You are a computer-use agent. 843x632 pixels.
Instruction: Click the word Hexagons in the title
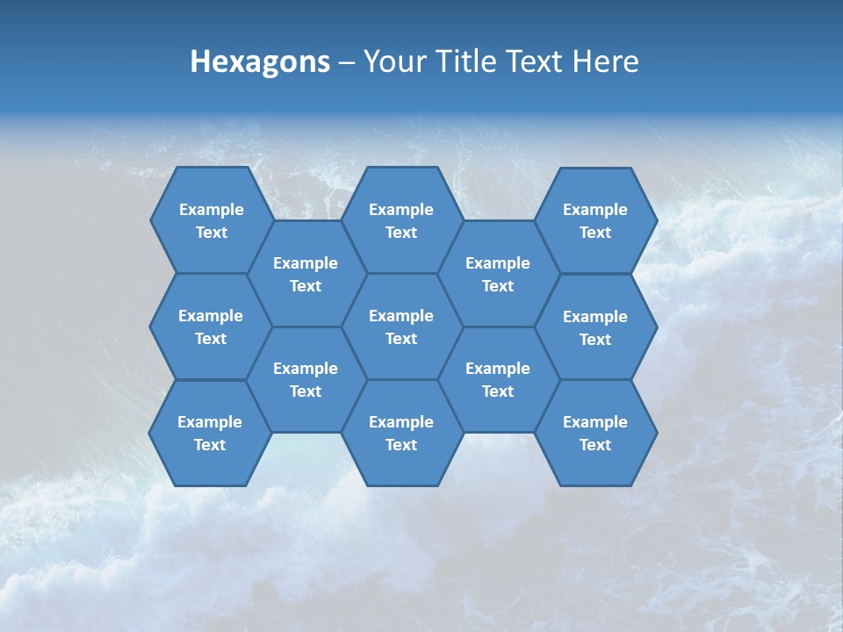coord(260,61)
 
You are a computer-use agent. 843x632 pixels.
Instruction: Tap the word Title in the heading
coord(465,61)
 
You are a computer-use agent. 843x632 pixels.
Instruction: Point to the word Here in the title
coord(606,61)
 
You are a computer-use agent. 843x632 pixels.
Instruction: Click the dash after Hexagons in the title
coord(346,62)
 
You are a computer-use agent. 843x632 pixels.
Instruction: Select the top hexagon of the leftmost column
coord(211,220)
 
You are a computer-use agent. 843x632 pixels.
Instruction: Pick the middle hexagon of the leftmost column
coord(211,327)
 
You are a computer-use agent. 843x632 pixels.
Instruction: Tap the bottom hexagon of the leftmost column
coord(210,433)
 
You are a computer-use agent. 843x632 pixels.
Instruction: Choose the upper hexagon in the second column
coord(306,274)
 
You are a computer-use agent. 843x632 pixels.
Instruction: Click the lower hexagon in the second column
coord(306,379)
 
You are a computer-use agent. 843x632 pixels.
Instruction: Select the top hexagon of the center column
coord(401,220)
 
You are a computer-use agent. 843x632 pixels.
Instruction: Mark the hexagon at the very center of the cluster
coord(401,327)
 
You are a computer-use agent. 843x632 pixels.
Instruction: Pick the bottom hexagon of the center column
coord(401,433)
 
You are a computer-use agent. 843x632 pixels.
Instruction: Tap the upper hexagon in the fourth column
coord(498,274)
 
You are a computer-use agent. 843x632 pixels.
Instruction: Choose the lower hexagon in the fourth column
coord(498,379)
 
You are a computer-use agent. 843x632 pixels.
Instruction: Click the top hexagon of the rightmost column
coord(595,220)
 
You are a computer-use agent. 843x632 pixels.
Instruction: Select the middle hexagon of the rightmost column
coord(595,327)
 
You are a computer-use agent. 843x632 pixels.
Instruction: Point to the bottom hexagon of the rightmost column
coord(595,433)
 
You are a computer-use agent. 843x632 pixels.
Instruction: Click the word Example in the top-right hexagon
coord(595,210)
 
